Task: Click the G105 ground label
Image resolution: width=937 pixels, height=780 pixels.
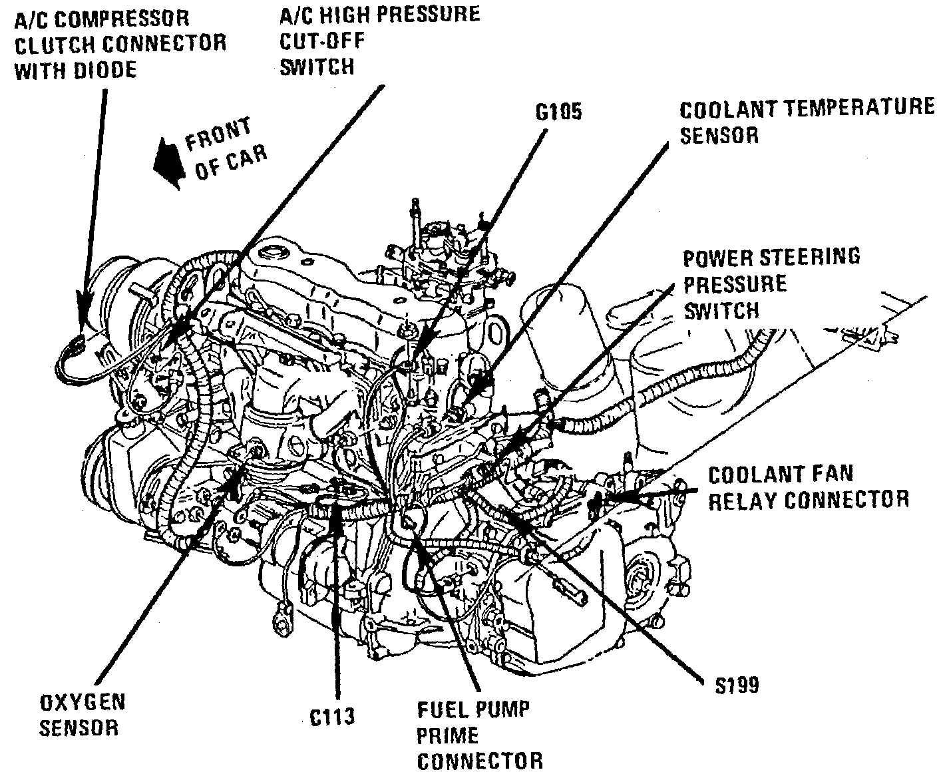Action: pyautogui.click(x=558, y=110)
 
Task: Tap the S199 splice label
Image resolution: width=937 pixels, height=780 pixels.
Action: pyautogui.click(x=733, y=685)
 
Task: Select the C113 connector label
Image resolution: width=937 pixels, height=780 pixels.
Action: pyautogui.click(x=332, y=716)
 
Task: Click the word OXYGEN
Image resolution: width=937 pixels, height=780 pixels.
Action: pyautogui.click(x=83, y=702)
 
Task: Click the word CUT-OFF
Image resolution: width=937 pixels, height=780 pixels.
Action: pyautogui.click(x=322, y=40)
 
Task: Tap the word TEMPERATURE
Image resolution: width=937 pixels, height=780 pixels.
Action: pyautogui.click(x=858, y=108)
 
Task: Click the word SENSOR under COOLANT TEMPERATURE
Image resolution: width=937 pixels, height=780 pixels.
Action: pyautogui.click(x=719, y=135)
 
